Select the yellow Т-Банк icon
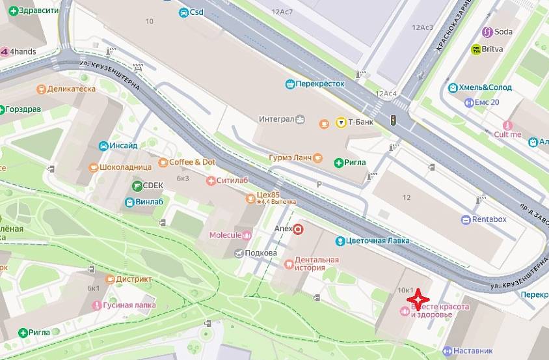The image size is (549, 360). [340, 122]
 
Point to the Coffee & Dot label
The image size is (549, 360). [192, 162]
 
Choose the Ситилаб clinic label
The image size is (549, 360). [228, 180]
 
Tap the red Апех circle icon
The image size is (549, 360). [299, 229]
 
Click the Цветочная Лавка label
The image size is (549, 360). [381, 241]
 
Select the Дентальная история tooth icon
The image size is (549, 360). [289, 264]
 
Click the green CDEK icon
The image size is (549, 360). [137, 186]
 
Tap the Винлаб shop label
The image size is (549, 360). [149, 202]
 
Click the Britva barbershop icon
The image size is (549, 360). [476, 49]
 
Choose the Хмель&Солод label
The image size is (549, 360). [485, 87]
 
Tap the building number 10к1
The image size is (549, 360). [405, 290]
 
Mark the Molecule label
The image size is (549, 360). [225, 235]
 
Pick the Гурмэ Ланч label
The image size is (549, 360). [290, 158]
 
